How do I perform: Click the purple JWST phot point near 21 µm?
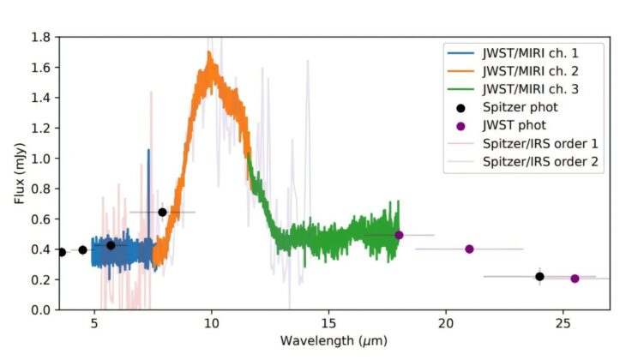pos(469,249)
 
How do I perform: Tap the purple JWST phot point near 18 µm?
pos(399,235)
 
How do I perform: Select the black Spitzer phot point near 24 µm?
pos(539,276)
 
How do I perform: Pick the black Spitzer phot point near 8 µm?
pos(162,212)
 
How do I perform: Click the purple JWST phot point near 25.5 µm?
pos(575,278)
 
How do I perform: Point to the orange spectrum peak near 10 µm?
pos(209,54)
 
